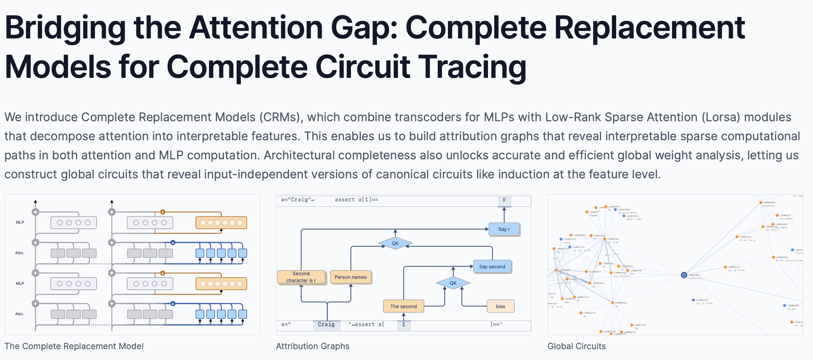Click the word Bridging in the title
click(x=65, y=29)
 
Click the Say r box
click(x=504, y=229)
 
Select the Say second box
click(x=492, y=267)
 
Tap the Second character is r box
click(x=301, y=277)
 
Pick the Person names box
click(x=351, y=277)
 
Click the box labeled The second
click(x=403, y=306)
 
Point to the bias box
click(x=500, y=306)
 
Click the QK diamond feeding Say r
click(x=395, y=243)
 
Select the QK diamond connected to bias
click(x=453, y=283)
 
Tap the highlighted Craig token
click(x=326, y=325)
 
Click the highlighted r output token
click(x=504, y=200)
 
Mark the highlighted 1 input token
click(x=404, y=325)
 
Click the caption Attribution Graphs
click(x=313, y=346)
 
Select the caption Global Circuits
click(x=576, y=346)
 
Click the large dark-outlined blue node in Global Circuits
click(x=684, y=275)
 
